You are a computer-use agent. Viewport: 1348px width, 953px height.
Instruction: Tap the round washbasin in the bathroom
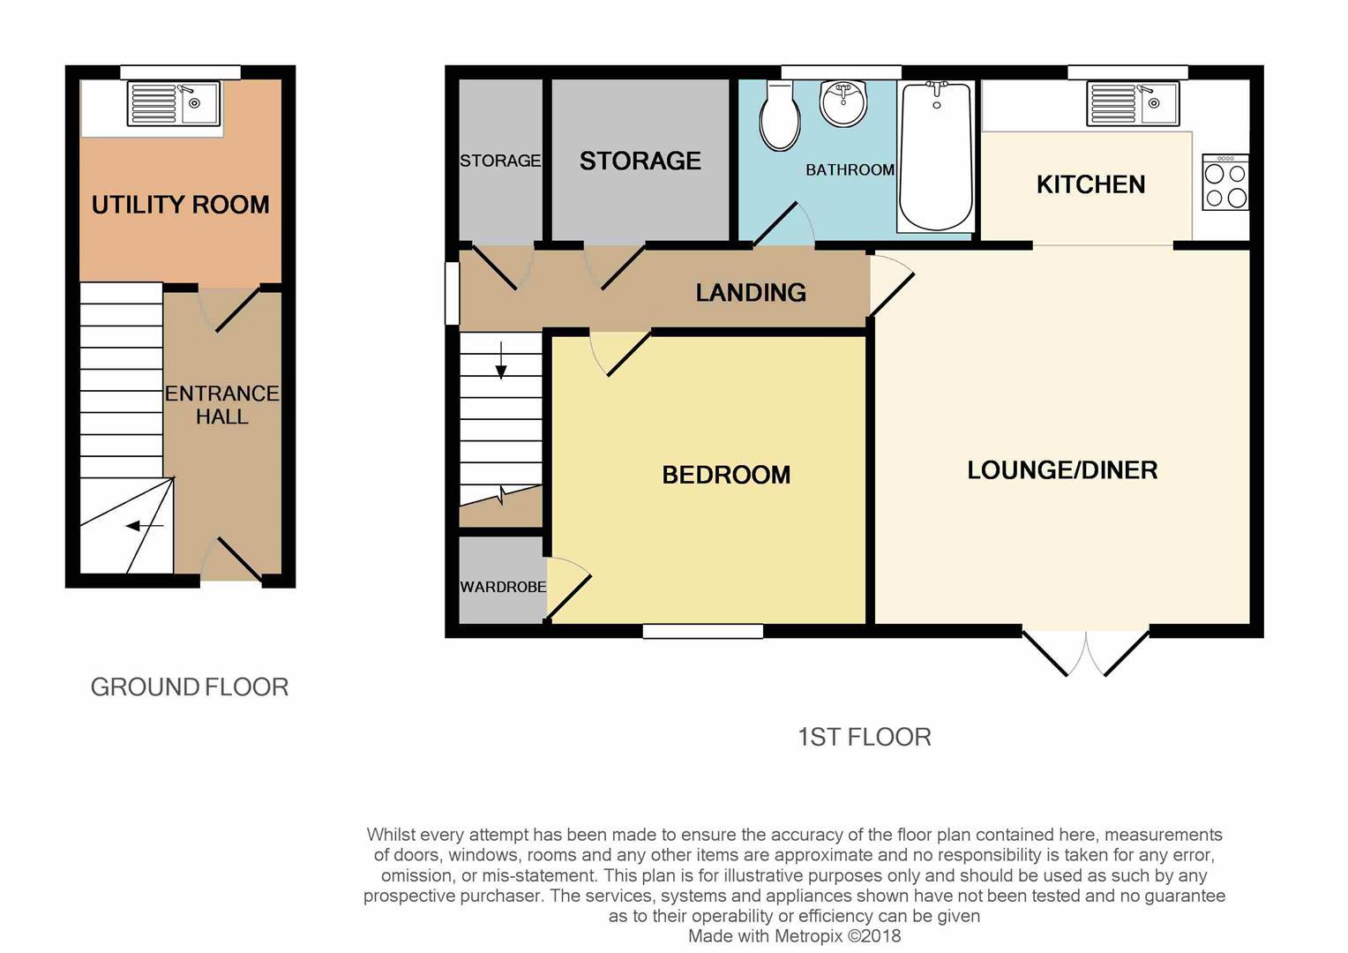843,103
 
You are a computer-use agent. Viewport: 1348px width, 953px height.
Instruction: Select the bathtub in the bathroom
936,155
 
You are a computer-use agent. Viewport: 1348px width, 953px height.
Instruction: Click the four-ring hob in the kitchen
1225,184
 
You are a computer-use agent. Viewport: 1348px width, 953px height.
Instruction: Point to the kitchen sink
1133,103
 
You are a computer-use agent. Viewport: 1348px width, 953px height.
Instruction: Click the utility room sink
174,103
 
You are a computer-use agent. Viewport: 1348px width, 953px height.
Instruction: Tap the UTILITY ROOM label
180,205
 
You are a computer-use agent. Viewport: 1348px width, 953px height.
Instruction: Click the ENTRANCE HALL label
222,405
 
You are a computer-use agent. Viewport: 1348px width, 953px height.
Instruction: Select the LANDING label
751,293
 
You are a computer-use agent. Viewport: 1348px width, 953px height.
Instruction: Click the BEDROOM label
726,475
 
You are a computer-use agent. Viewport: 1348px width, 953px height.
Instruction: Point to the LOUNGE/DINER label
1062,470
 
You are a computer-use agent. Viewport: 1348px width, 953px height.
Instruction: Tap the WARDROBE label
503,587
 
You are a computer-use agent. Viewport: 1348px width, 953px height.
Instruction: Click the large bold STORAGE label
640,161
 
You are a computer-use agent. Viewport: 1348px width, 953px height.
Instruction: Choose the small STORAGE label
500,161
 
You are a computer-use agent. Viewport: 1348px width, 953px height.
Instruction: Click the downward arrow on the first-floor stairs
501,360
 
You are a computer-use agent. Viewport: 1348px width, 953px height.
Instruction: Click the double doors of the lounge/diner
1086,654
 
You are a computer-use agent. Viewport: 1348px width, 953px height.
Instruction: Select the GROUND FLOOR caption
190,687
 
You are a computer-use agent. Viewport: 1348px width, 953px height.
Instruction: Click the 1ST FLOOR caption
864,737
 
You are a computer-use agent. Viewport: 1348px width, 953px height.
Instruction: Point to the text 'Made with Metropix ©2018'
794,936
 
